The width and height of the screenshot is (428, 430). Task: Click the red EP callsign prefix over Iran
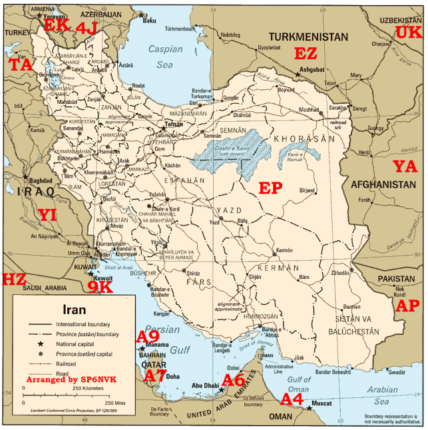[x=270, y=188]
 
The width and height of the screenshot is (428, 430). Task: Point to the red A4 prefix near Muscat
[x=292, y=399]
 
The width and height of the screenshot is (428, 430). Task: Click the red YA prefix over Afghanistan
[x=404, y=166]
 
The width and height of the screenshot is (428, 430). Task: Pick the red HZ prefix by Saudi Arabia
[x=14, y=280]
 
